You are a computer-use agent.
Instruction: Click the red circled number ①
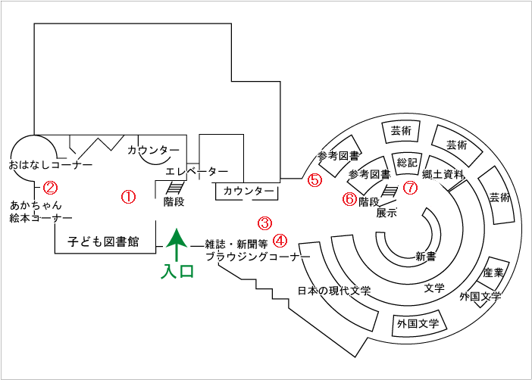click(129, 197)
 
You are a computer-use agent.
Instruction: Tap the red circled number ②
click(50, 188)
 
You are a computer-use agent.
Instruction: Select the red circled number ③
click(264, 223)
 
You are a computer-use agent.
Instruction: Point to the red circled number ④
click(280, 241)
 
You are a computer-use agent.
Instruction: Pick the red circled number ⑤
click(315, 180)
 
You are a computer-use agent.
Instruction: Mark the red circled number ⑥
click(349, 199)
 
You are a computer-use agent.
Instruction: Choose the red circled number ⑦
click(410, 187)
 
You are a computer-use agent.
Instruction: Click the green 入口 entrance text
click(177, 271)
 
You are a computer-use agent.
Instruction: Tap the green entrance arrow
click(177, 245)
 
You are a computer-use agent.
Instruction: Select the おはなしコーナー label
click(51, 165)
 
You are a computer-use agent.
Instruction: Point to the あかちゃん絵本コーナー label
click(41, 211)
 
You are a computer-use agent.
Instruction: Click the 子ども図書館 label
click(103, 241)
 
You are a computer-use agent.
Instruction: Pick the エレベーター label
click(197, 172)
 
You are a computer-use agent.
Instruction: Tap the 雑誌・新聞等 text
click(236, 244)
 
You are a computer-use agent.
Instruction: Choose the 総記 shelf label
click(407, 163)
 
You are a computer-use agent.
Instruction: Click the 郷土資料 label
click(443, 174)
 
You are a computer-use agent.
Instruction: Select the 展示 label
click(386, 213)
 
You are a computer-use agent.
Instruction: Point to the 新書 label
click(425, 257)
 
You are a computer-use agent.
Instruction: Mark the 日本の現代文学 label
click(334, 291)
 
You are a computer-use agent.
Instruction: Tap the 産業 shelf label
click(493, 273)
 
